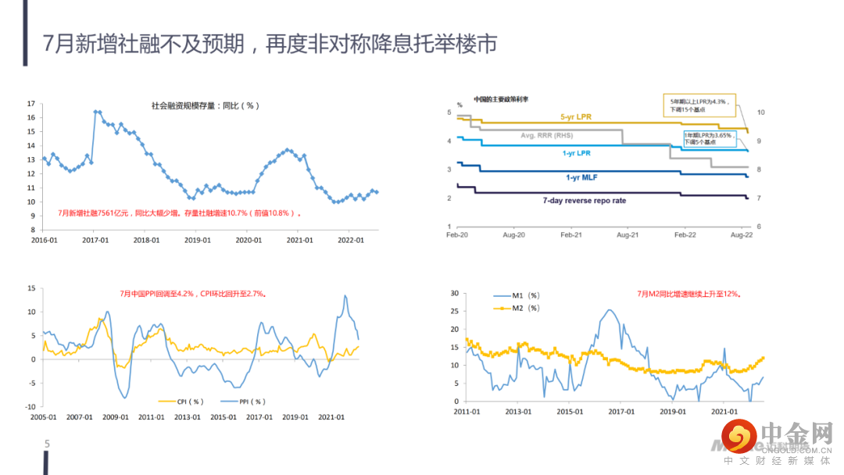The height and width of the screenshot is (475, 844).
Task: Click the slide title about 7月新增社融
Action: [269, 44]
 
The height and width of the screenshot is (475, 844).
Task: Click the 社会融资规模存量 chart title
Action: [205, 105]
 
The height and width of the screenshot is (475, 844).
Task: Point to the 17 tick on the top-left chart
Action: [31, 103]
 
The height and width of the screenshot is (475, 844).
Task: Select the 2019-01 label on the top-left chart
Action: [197, 241]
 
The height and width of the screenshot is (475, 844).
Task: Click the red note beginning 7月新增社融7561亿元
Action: [179, 212]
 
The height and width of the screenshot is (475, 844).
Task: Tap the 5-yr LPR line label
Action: [576, 117]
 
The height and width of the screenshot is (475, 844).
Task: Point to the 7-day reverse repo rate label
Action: [584, 201]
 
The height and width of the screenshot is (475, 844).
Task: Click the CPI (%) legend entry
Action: [181, 401]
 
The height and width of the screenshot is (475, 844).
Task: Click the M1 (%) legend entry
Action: [517, 295]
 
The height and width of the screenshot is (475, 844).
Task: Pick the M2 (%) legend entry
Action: [517, 308]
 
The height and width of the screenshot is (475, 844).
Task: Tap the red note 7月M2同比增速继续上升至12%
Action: [688, 295]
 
